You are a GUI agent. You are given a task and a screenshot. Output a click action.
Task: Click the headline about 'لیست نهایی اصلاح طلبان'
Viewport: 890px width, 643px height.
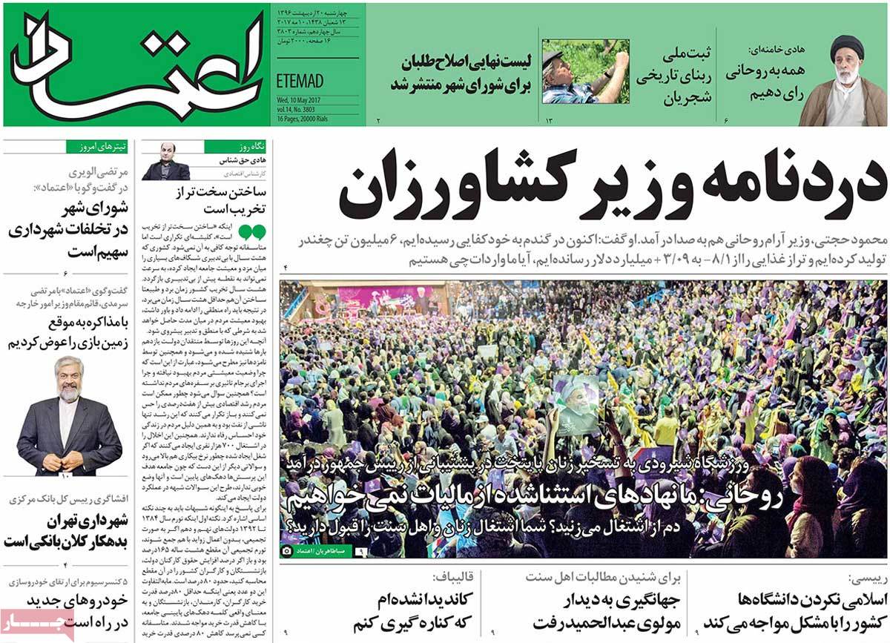pos(462,73)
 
